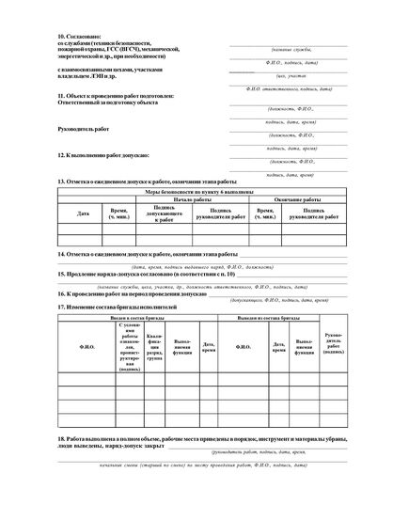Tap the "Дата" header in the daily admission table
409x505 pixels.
84,213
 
